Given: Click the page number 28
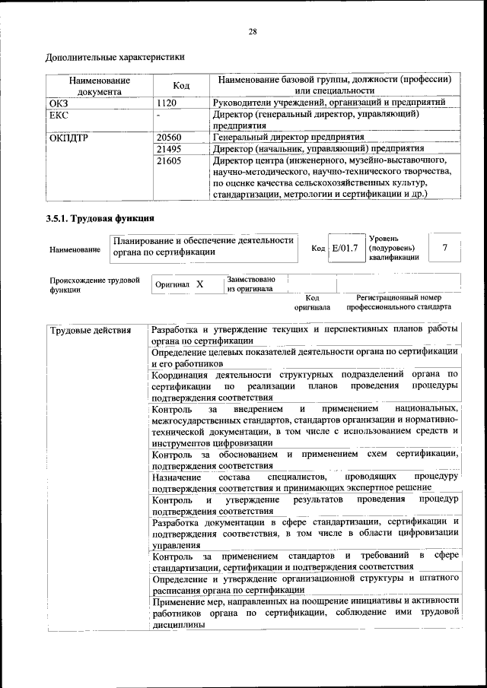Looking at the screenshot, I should coord(253,31).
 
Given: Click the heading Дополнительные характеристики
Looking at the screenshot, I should coord(115,57).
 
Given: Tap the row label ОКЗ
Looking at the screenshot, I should coord(59,102).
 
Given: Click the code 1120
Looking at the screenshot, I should coord(167,102).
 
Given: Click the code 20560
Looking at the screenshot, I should coord(169,138).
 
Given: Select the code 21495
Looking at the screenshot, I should coord(169,149).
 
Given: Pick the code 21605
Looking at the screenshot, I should coord(169,161).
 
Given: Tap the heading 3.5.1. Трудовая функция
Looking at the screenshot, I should coord(94,220).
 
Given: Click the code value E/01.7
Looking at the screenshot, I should coord(345,248).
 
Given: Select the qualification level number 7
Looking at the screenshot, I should coord(444,248).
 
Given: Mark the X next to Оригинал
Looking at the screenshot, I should coord(199,284).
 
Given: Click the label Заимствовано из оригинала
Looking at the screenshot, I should coord(250,284).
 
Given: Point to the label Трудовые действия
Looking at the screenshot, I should coord(90,331).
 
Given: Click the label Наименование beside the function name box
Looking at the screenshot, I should coord(75,249).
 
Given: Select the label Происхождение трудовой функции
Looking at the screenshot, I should coord(94,284).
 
